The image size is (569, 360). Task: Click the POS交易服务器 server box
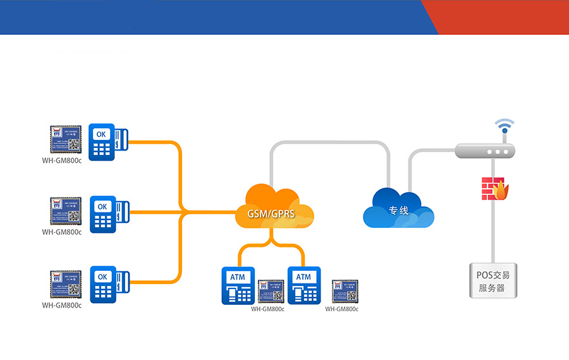[x=493, y=281]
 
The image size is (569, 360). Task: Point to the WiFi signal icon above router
[x=504, y=127]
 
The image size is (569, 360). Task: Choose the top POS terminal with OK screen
[x=108, y=142]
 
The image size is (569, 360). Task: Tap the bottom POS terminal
[x=108, y=284]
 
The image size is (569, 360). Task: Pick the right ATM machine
[x=304, y=286]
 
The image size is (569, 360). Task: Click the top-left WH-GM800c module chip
[x=66, y=140]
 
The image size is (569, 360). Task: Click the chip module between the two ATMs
[x=271, y=292]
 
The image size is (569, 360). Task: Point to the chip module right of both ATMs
[x=345, y=292]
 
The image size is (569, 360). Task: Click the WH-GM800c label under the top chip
[x=62, y=160]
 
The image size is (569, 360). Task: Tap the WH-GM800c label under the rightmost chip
[x=342, y=309]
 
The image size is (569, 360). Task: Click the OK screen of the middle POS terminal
[x=102, y=206]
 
